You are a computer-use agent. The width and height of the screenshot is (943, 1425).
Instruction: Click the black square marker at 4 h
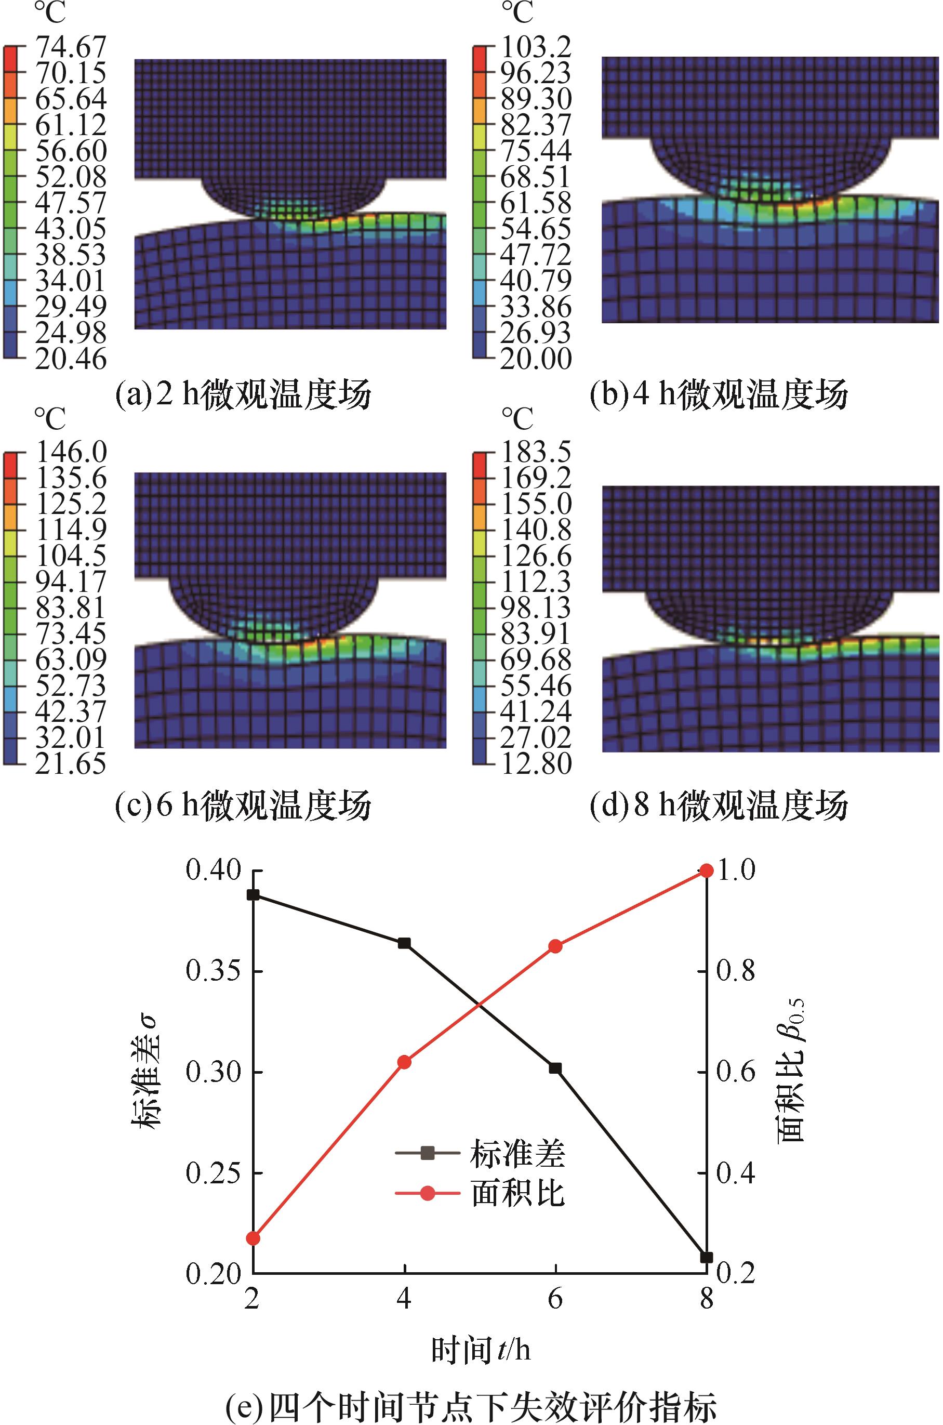tap(404, 943)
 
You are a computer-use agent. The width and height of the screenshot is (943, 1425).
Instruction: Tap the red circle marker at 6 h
tap(555, 947)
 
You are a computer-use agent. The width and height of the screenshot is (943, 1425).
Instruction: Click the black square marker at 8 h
tap(707, 1257)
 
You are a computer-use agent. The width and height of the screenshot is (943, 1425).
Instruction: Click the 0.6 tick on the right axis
tap(735, 1073)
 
